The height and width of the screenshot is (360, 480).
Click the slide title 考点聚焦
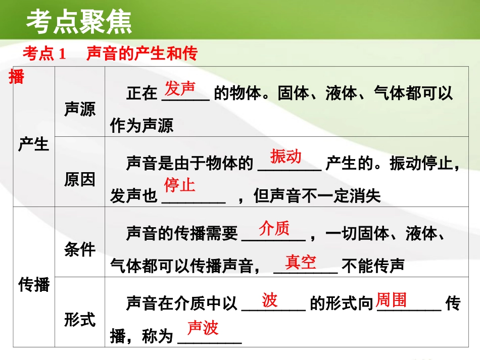[79, 22]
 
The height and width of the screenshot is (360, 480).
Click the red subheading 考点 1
[44, 54]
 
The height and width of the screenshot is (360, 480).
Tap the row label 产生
[33, 145]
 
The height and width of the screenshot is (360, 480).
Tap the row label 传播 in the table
[33, 285]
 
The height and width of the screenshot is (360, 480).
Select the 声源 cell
[79, 109]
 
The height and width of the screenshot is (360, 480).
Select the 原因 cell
[79, 179]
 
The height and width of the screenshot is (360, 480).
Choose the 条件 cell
[79, 249]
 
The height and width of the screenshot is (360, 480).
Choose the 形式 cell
[79, 319]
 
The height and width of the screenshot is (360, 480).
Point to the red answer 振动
[286, 157]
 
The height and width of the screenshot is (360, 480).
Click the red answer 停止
[179, 185]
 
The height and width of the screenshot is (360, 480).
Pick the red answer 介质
[274, 228]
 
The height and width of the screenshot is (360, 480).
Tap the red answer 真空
[301, 262]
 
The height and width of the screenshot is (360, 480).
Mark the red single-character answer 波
[270, 300]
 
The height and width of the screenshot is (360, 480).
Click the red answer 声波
[203, 328]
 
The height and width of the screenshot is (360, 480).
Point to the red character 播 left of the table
[17, 77]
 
